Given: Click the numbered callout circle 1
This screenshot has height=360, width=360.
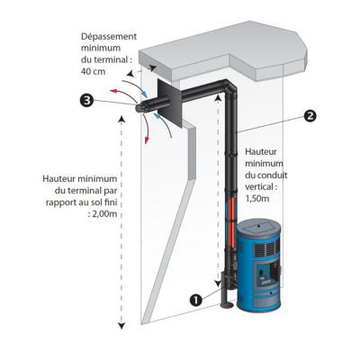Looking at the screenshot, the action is (196, 300).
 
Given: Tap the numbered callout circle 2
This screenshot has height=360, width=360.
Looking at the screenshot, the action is (310, 116).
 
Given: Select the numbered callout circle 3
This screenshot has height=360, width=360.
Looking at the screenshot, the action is (87, 101).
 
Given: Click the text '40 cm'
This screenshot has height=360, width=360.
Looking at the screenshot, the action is (93, 72).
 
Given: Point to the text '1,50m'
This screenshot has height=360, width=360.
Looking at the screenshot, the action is (257, 199).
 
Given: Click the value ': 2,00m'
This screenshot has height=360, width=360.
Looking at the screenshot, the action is (103, 214).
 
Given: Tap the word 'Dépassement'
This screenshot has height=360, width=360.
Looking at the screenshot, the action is (109, 37).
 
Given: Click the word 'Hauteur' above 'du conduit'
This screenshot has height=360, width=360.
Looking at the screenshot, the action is (261, 151).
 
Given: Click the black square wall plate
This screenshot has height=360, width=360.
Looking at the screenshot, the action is (169, 104).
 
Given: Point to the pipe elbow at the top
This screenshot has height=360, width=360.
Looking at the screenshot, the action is (229, 87).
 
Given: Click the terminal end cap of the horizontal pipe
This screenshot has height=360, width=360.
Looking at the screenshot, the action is (139, 108).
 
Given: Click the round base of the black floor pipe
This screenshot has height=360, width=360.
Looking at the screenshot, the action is (227, 306).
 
